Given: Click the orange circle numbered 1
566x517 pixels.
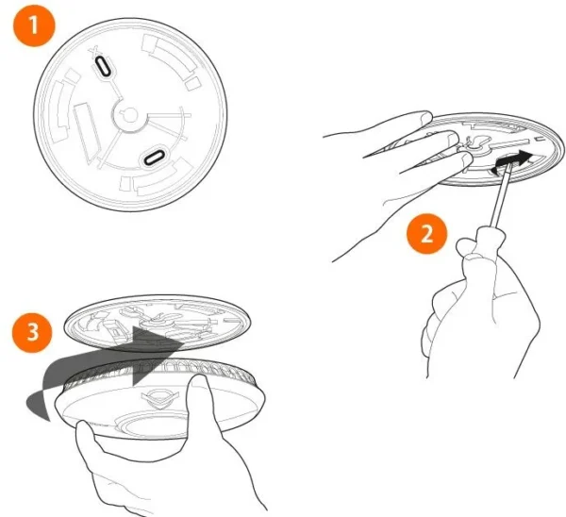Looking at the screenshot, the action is click(x=34, y=25).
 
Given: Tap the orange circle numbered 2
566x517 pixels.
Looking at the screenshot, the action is click(x=427, y=234).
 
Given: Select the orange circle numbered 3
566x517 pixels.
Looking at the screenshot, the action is click(x=32, y=332).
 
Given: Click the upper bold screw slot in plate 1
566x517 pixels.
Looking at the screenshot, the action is click(x=103, y=66).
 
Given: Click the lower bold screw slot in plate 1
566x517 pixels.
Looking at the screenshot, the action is click(x=154, y=158).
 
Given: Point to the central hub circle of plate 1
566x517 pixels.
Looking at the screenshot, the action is click(x=130, y=115).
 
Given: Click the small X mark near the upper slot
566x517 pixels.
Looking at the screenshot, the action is click(x=95, y=50).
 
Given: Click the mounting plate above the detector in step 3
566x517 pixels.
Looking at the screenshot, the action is click(x=156, y=324).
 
